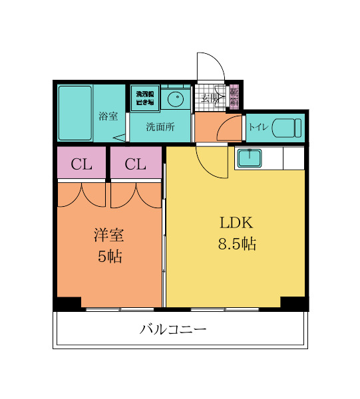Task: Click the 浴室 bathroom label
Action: pos(108,116)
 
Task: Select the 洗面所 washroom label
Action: pos(160,127)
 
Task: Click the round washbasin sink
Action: pos(176,100)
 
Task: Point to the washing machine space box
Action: pos(144,98)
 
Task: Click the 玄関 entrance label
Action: pos(211,98)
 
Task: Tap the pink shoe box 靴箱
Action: pos(234,97)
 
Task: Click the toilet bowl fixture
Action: pos(287,126)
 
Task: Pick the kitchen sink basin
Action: pos(249,158)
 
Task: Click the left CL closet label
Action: pos(81,164)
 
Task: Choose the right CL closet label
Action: pos(135,164)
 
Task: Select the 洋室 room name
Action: pos(109,235)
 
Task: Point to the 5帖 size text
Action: pos(109,257)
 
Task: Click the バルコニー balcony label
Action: pos(173,329)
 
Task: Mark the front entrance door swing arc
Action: pos(210,66)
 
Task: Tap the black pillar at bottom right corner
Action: pos(294,303)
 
